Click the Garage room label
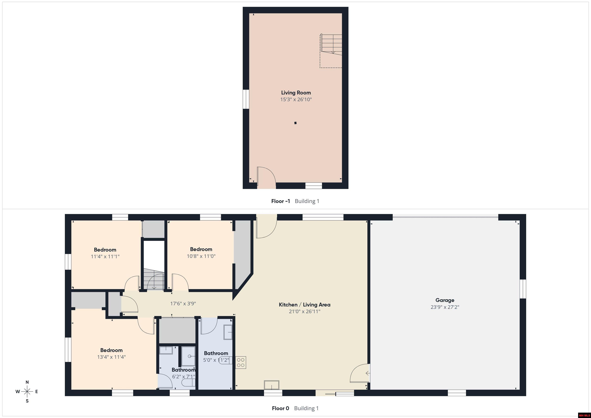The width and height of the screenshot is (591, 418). (x=445, y=300)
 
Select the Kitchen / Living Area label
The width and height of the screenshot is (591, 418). (x=305, y=305)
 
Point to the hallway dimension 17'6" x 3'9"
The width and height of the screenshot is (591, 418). (x=183, y=304)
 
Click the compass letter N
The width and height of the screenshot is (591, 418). (x=27, y=382)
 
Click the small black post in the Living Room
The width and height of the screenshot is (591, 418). (x=295, y=123)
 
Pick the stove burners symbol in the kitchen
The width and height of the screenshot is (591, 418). (x=241, y=362)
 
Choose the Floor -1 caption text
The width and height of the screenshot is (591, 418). (x=280, y=201)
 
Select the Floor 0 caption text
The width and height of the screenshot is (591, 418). (x=280, y=408)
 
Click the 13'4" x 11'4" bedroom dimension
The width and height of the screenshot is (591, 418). (x=111, y=357)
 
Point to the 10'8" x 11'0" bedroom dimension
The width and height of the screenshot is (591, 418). (x=201, y=256)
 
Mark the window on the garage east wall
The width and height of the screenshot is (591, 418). (x=523, y=289)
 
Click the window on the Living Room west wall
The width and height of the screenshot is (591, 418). (x=246, y=99)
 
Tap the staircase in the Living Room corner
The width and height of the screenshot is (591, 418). (x=331, y=44)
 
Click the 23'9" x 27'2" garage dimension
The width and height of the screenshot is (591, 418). (x=445, y=307)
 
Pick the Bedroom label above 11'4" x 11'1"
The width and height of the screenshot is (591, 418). (x=105, y=250)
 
